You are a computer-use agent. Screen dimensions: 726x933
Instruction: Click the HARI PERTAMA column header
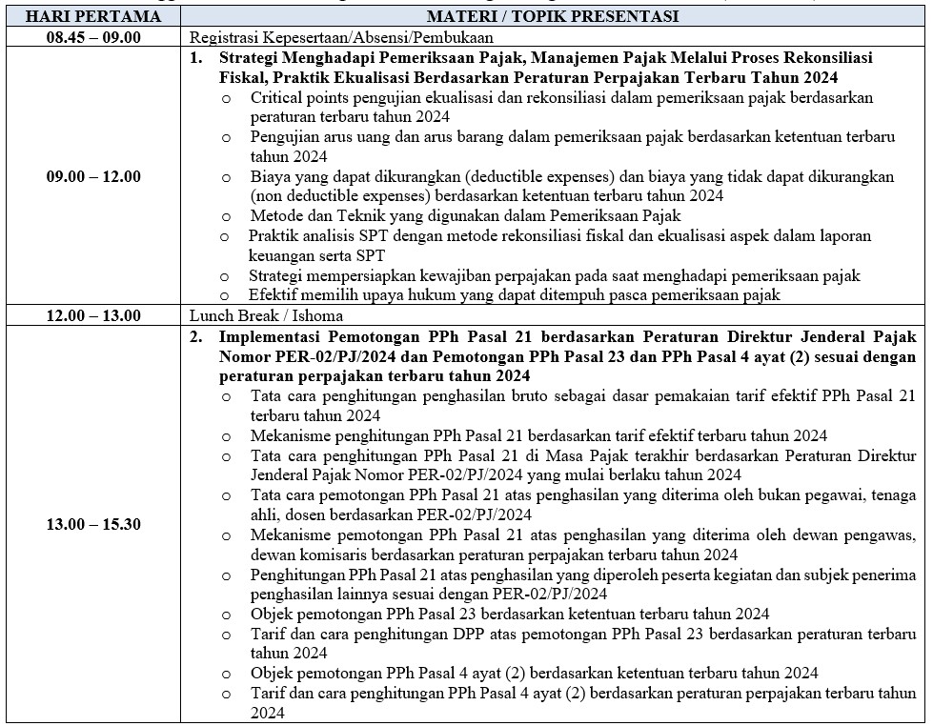pyautogui.click(x=92, y=16)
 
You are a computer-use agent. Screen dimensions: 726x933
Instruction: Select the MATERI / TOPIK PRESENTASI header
pyautogui.click(x=553, y=16)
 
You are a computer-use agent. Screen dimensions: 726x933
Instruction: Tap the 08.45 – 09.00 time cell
pyautogui.click(x=92, y=37)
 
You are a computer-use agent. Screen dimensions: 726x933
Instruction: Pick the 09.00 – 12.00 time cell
pyautogui.click(x=92, y=176)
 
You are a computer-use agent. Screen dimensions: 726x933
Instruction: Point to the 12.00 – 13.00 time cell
pyautogui.click(x=92, y=315)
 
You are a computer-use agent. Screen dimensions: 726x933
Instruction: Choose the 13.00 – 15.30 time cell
pyautogui.click(x=92, y=524)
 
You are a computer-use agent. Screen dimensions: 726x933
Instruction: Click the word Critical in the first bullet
pyautogui.click(x=275, y=97)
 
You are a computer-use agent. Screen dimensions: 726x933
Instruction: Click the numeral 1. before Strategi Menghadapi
pyautogui.click(x=195, y=57)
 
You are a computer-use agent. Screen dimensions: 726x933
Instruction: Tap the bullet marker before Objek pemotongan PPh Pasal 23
pyautogui.click(x=226, y=615)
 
